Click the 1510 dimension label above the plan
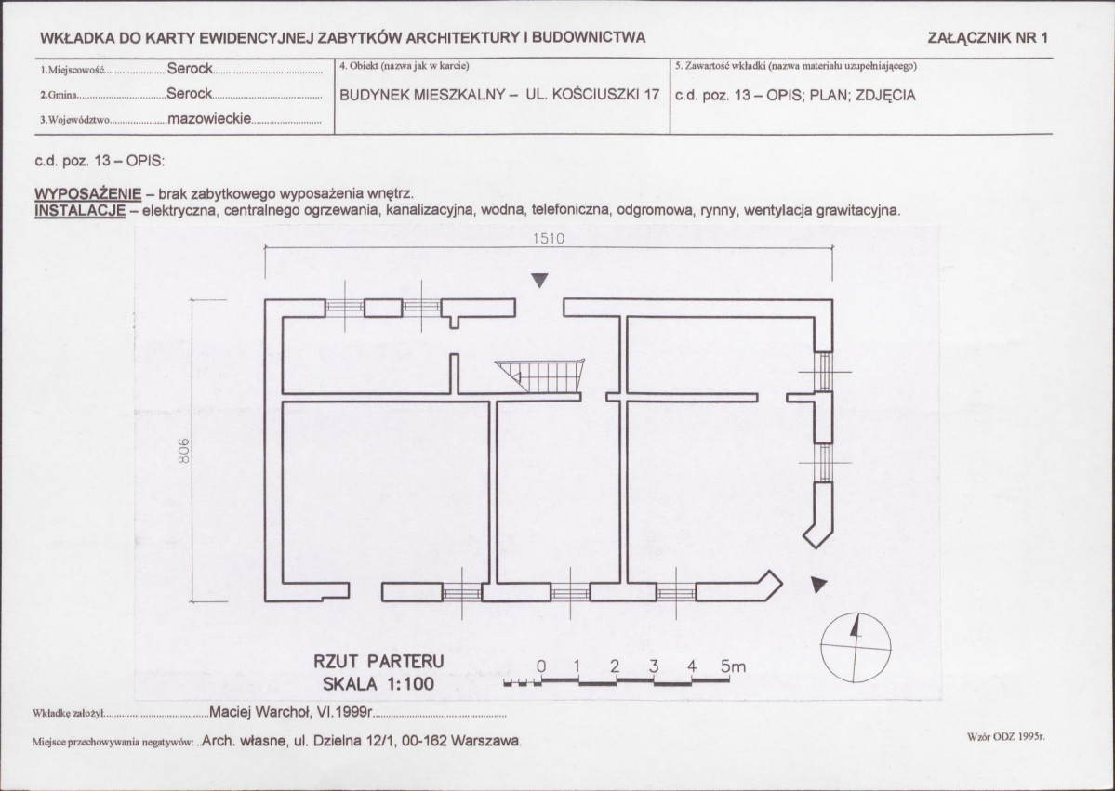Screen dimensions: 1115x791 click(549, 239)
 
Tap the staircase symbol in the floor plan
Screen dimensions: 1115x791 click(539, 376)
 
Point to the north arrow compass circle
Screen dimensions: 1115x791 click(856, 648)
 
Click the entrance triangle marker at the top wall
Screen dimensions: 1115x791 click(540, 281)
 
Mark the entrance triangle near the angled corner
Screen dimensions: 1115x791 click(819, 585)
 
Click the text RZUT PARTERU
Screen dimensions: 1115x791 click(378, 662)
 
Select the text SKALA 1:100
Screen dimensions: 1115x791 click(378, 684)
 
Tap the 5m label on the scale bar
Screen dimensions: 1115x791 click(733, 666)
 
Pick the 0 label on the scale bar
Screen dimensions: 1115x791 click(541, 666)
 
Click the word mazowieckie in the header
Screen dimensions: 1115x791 click(209, 118)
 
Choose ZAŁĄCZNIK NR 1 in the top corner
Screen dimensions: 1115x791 click(987, 38)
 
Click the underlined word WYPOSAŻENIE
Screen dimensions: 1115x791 click(88, 193)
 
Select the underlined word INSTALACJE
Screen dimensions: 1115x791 click(80, 210)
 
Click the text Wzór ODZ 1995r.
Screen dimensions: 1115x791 click(1005, 737)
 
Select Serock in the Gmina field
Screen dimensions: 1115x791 click(189, 93)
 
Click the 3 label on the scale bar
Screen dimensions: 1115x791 click(654, 666)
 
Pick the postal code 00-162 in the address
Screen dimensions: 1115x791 click(425, 741)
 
